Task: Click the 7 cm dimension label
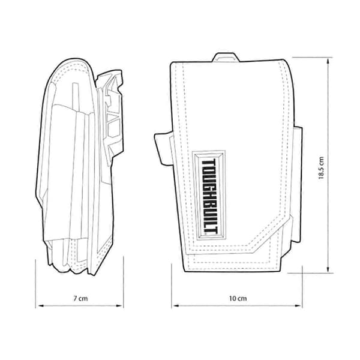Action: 80,298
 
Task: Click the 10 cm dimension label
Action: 238,298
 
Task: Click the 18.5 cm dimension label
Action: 321,168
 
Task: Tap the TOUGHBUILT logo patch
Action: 209,195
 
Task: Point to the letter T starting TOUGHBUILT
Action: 209,163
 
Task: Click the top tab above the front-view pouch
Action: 226,58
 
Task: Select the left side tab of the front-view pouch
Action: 163,149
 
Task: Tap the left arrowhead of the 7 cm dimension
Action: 41,305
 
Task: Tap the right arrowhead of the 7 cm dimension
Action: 119,305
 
